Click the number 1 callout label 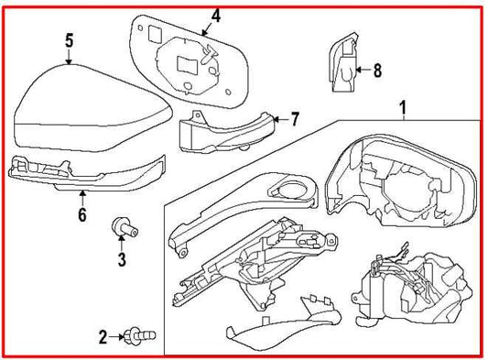coord(400,109)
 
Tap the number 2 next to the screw coord(103,337)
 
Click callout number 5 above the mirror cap coord(69,41)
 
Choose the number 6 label coord(82,215)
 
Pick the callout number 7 coord(295,119)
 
